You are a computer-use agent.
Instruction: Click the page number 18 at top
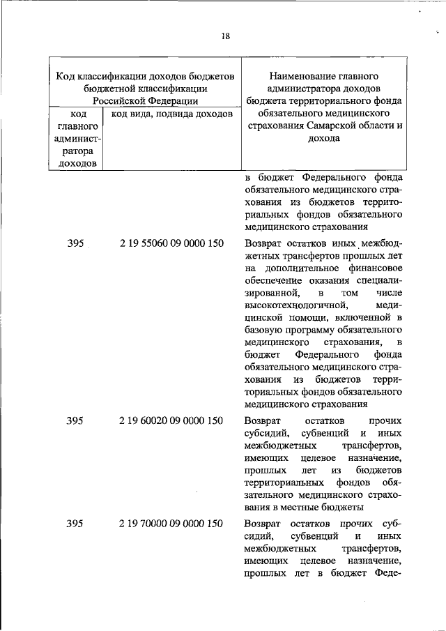225,36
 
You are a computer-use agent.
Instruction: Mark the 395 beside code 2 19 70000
75,524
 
